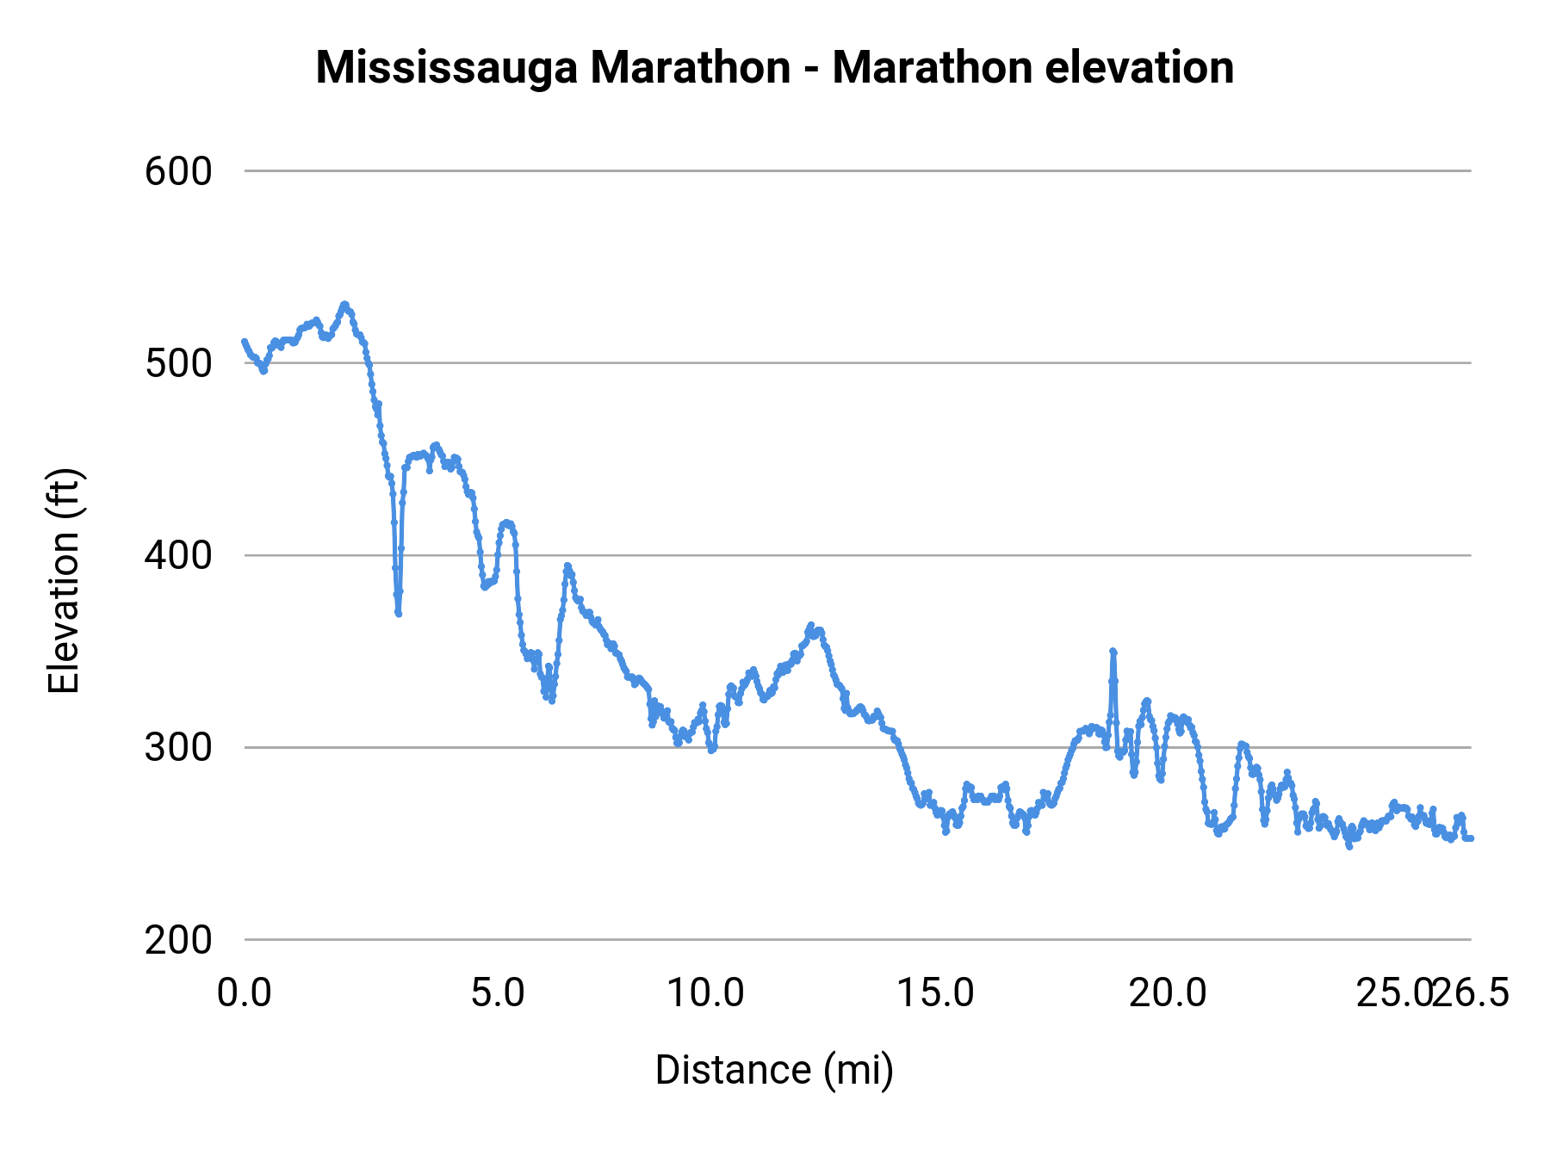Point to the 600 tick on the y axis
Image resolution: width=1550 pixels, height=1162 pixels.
click(178, 171)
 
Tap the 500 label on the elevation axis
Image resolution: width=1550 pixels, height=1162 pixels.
click(178, 363)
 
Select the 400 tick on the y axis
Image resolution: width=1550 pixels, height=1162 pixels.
click(178, 555)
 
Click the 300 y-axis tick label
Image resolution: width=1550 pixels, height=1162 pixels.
click(178, 747)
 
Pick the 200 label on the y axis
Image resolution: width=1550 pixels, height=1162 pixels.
click(178, 940)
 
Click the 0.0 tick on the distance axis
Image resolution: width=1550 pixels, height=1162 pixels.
click(244, 993)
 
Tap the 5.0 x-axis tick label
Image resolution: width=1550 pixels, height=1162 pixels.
click(498, 993)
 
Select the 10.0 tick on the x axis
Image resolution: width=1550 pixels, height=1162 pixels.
click(706, 993)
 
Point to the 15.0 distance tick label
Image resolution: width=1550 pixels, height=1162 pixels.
click(936, 993)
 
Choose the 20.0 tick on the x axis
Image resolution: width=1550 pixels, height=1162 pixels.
click(1168, 993)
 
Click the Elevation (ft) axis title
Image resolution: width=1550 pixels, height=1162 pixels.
click(64, 581)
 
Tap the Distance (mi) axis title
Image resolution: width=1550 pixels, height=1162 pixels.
click(774, 1070)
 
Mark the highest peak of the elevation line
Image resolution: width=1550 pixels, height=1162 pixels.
click(344, 304)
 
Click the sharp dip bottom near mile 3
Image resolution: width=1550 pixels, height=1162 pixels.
click(399, 613)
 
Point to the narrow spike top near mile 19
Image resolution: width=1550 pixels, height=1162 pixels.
click(1113, 652)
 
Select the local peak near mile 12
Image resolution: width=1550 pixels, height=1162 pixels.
click(810, 625)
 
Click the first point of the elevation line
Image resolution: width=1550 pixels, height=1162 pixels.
click(245, 342)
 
